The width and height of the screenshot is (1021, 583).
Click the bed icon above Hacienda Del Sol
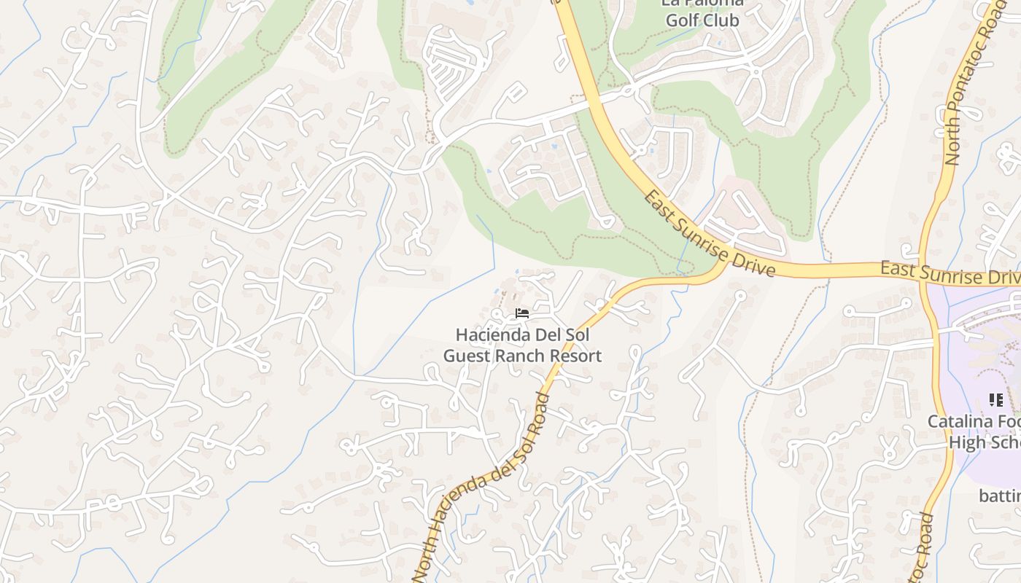(521, 313)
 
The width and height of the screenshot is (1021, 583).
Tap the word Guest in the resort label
(465, 356)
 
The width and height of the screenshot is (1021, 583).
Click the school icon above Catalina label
(995, 399)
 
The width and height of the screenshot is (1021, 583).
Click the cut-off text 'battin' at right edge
(999, 496)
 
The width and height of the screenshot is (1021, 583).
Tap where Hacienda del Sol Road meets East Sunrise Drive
(722, 268)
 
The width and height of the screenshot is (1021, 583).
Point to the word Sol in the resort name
(575, 335)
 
